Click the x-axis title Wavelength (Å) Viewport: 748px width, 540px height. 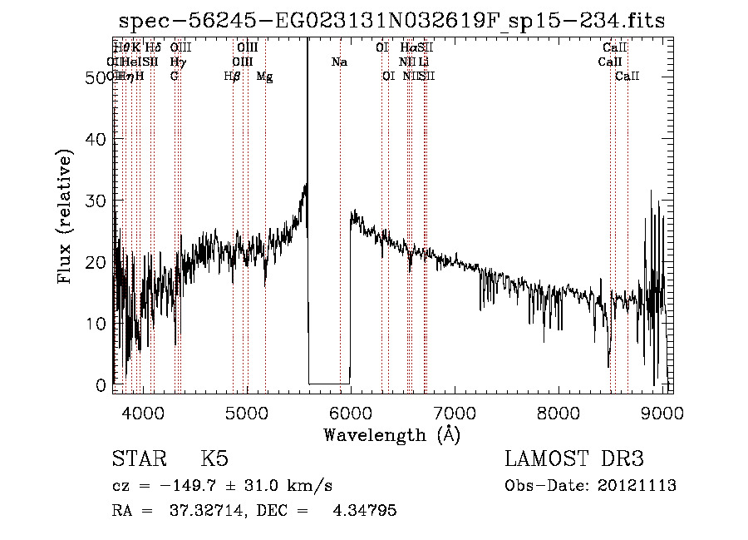coord(391,434)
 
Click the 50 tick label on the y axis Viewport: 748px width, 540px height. coord(98,77)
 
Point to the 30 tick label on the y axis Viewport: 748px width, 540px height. coord(98,201)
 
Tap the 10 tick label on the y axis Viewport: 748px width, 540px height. coord(98,323)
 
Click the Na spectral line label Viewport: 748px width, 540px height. coord(339,62)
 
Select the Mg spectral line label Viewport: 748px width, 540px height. coord(264,77)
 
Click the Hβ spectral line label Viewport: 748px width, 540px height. coord(233,77)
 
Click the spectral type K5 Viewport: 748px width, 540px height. coord(214,459)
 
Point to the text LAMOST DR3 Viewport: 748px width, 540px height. coord(574,459)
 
